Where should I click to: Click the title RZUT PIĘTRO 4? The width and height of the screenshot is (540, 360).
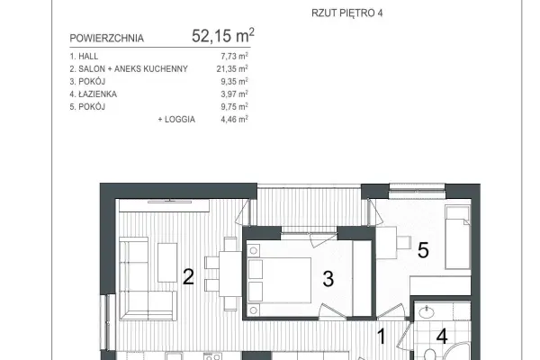346,13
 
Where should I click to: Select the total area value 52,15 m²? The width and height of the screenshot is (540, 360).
223,35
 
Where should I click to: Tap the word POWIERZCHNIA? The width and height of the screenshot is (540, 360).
107,38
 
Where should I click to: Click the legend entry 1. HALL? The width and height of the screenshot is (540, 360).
84,56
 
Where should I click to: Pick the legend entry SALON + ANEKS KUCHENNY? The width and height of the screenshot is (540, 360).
133,69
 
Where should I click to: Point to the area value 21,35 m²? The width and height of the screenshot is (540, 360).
232,68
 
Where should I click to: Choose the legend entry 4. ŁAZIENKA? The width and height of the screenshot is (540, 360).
93,94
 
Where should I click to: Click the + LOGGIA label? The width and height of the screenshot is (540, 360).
176,119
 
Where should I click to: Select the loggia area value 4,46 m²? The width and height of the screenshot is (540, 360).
234,119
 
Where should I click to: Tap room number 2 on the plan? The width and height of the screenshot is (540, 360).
188,276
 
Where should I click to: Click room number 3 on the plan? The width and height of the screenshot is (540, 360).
328,279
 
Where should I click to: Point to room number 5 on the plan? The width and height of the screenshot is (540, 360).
423,250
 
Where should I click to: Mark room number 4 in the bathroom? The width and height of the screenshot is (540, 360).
442,337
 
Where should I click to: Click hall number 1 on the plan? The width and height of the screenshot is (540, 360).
382,337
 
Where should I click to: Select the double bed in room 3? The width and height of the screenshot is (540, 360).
279,280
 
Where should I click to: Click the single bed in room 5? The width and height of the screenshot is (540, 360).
458,238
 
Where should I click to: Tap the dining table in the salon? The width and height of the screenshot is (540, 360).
230,274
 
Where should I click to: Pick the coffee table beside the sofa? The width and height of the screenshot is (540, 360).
167,263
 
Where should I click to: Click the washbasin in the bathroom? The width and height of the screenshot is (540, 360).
427,312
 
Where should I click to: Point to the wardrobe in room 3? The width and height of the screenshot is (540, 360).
363,278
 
